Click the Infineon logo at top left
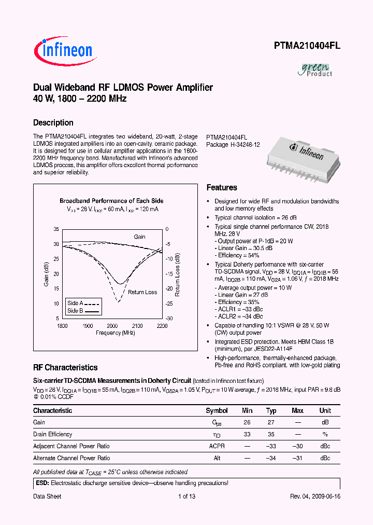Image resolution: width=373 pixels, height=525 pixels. point(64,50)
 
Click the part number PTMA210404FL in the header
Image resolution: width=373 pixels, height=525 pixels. point(307,46)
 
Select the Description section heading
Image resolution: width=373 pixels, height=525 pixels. point(53,123)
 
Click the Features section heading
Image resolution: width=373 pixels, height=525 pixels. point(222,188)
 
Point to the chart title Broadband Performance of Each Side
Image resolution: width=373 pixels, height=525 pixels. point(111,201)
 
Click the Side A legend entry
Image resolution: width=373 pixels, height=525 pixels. point(83,303)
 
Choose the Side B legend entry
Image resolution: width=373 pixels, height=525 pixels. point(83,311)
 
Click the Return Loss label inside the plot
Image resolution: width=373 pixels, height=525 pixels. point(142,292)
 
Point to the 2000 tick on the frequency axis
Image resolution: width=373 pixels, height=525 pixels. point(112,326)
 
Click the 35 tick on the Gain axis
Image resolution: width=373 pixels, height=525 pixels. point(56,229)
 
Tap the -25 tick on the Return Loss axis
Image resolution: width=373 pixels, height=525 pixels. point(168,303)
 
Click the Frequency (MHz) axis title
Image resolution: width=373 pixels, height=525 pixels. point(115,333)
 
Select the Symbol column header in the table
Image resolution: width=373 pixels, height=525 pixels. point(217,411)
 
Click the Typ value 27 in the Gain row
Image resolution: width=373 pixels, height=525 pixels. point(271,422)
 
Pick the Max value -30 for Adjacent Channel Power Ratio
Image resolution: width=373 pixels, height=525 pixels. point(297,446)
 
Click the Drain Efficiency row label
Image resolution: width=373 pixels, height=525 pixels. point(53,434)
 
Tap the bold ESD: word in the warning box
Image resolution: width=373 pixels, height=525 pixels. point(41,483)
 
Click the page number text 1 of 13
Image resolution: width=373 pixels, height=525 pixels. point(186,496)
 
